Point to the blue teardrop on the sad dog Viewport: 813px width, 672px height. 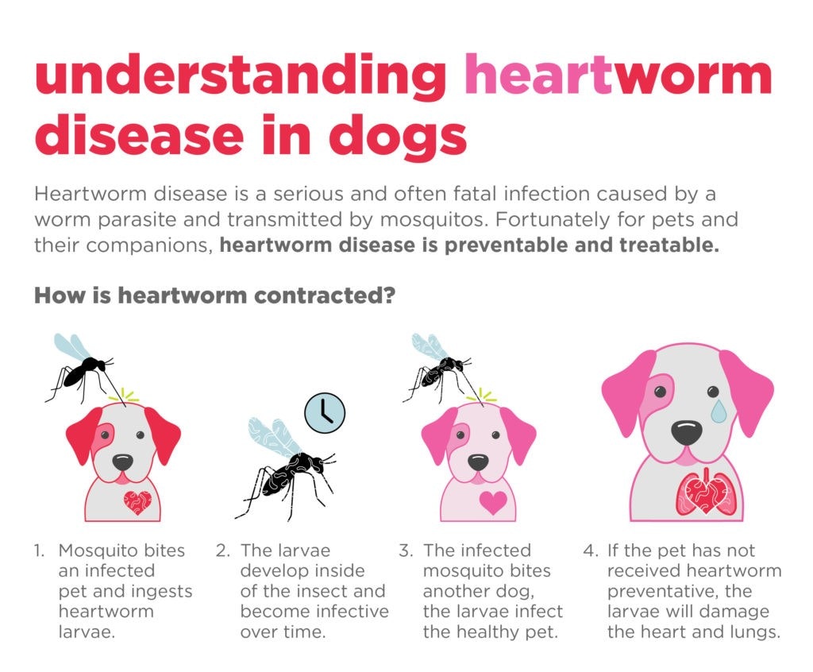pos(719,410)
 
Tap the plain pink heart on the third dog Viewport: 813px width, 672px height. pos(492,502)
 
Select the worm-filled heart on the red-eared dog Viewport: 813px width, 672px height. pos(137,502)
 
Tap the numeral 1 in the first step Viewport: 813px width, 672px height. pos(38,550)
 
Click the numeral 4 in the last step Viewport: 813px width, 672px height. pos(588,550)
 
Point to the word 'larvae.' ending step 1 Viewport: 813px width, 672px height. pos(87,632)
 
